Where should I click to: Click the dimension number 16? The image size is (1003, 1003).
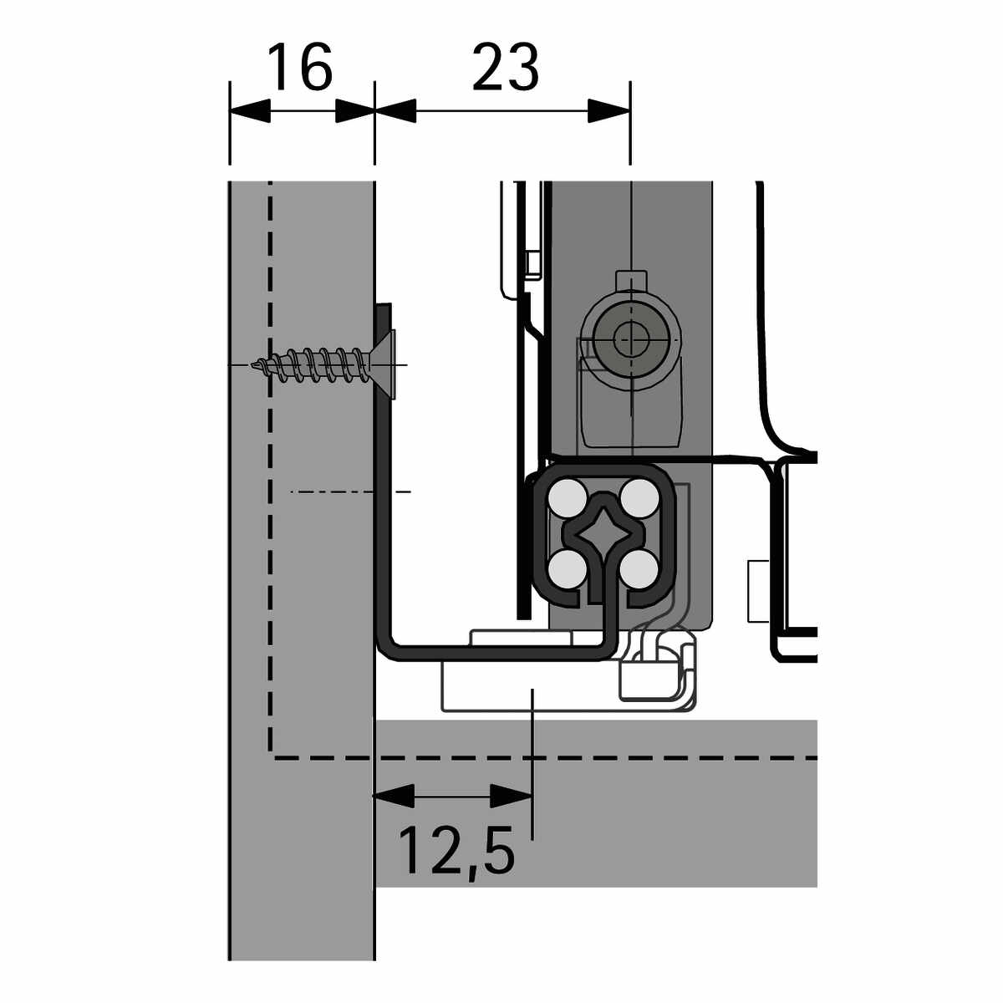pyautogui.click(x=301, y=67)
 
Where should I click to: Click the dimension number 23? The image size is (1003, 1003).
pyautogui.click(x=505, y=67)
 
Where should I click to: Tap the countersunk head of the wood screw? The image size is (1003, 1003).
pyautogui.click(x=384, y=364)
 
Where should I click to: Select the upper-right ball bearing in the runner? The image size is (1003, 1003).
pyautogui.click(x=640, y=498)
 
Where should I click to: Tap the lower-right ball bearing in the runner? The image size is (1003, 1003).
pyautogui.click(x=640, y=568)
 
